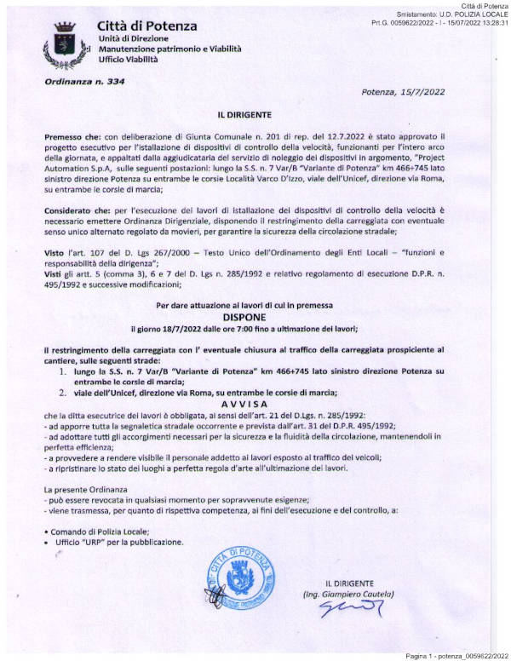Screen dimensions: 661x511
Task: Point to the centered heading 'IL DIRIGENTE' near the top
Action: [255, 113]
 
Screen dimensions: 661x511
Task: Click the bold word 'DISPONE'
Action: [255, 314]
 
